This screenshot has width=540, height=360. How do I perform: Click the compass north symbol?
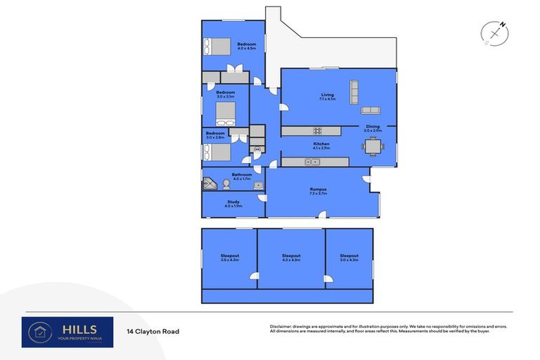496,33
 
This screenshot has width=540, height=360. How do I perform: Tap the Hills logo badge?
67,331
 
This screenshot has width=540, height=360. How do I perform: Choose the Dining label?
372,128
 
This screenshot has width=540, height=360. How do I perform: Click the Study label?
233,203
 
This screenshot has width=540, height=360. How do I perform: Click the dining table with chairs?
373,147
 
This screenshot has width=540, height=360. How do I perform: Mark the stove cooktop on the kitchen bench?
317,130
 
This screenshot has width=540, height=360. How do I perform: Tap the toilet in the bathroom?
226,184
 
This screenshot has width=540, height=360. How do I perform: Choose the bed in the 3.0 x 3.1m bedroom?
225,112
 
